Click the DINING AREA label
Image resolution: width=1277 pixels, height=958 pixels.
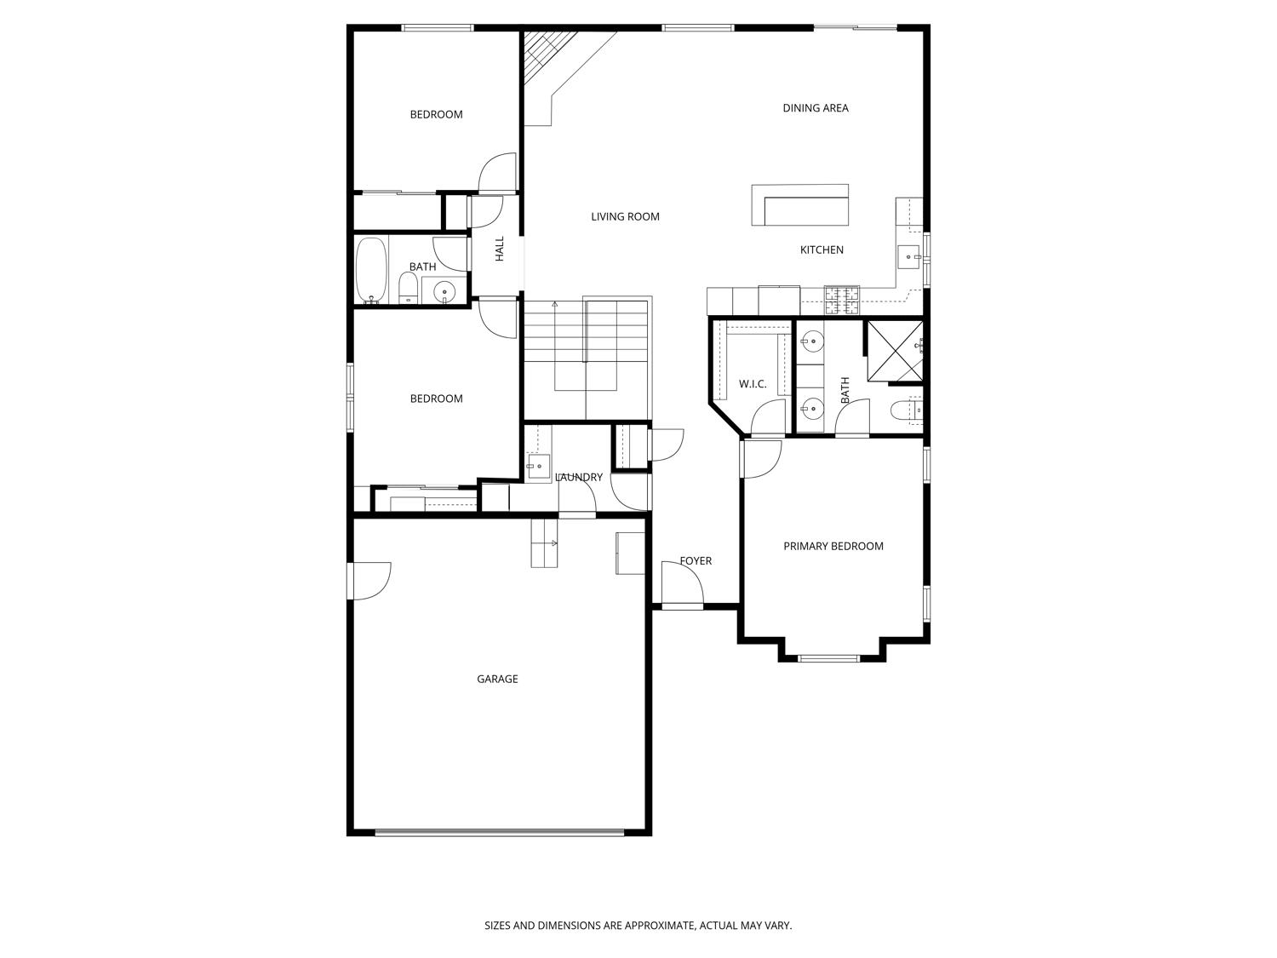tap(815, 108)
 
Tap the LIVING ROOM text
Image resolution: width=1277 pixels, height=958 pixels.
tap(625, 217)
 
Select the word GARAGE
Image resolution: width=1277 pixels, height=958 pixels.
tap(497, 680)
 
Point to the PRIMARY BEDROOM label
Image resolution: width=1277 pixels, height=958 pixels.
tap(833, 547)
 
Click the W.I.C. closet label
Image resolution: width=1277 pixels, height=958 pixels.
tap(752, 384)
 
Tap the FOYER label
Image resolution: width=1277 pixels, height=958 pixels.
tap(696, 561)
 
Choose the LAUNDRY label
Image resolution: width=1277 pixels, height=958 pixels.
tap(579, 478)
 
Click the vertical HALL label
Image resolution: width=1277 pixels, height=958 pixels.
tap(500, 249)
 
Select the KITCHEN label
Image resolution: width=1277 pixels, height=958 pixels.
tap(822, 250)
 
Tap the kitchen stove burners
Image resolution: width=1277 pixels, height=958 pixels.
tap(841, 296)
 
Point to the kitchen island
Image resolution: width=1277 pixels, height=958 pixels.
tap(800, 205)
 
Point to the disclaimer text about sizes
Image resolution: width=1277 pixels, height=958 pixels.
tap(638, 925)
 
